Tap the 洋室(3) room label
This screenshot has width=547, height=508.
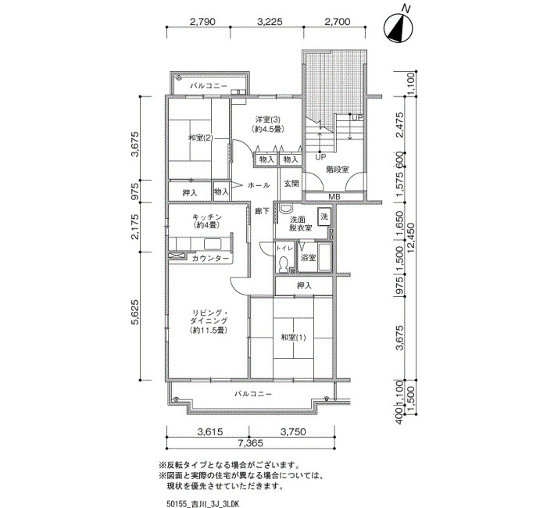267,120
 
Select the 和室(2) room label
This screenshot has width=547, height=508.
200,138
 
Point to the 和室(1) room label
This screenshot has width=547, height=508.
293,338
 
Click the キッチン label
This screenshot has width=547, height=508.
207,217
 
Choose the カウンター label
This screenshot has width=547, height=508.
210,258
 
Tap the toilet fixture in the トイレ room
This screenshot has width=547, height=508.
283,263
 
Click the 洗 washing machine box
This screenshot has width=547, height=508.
324,216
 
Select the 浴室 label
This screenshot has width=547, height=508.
309,258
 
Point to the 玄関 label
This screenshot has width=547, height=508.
291,184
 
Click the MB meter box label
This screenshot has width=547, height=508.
334,197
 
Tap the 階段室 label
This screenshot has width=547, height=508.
338,170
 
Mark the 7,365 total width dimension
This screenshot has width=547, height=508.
251,443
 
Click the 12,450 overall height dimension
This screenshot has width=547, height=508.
413,241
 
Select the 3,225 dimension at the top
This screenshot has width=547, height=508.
270,22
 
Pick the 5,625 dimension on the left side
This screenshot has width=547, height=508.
135,313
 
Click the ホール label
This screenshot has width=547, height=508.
259,185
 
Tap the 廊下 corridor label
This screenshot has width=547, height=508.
263,211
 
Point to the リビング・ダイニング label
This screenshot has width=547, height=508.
209,317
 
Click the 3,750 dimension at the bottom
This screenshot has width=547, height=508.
293,432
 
